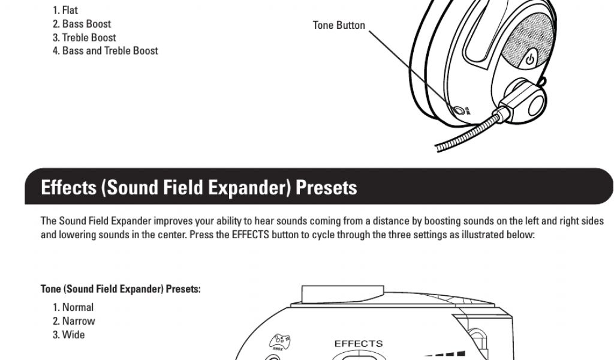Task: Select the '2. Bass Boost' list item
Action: pos(82,24)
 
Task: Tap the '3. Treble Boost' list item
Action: pos(84,37)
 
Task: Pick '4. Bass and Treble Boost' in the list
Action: pos(105,51)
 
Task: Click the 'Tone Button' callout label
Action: pos(339,25)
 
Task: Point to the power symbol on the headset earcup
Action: pos(529,59)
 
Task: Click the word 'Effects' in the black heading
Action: pos(68,188)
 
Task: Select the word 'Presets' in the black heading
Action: pos(327,188)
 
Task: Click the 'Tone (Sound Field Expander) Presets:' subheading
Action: pos(121,289)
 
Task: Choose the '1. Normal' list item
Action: pos(73,307)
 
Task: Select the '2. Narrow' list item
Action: pos(74,321)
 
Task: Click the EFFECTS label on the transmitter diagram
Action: pos(358,344)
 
